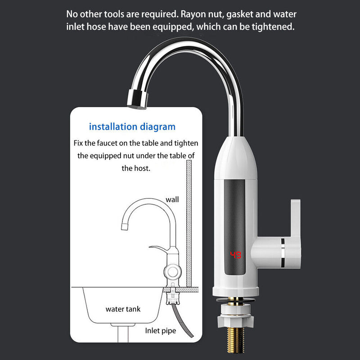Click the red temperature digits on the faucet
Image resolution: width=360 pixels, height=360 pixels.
[236, 255]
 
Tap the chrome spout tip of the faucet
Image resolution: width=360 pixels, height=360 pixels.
[137, 99]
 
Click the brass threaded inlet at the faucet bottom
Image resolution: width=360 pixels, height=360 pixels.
[235, 340]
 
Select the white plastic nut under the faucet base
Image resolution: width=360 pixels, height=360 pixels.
[235, 316]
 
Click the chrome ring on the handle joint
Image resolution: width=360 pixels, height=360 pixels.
[283, 253]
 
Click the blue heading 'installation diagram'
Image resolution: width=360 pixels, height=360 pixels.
[132, 127]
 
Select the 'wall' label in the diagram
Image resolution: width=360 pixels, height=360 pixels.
[172, 199]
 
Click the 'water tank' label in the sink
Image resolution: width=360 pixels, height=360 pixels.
[123, 309]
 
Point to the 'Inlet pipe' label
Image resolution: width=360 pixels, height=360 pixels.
[161, 331]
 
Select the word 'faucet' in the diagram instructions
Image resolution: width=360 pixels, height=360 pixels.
[107, 143]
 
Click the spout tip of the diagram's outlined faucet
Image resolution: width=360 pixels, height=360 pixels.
[125, 227]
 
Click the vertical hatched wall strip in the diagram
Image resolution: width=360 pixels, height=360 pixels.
[189, 223]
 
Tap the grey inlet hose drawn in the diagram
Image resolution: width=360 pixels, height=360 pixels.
[183, 320]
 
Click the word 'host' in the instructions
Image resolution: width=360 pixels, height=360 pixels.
[140, 168]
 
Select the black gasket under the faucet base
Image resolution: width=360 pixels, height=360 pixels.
[236, 300]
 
